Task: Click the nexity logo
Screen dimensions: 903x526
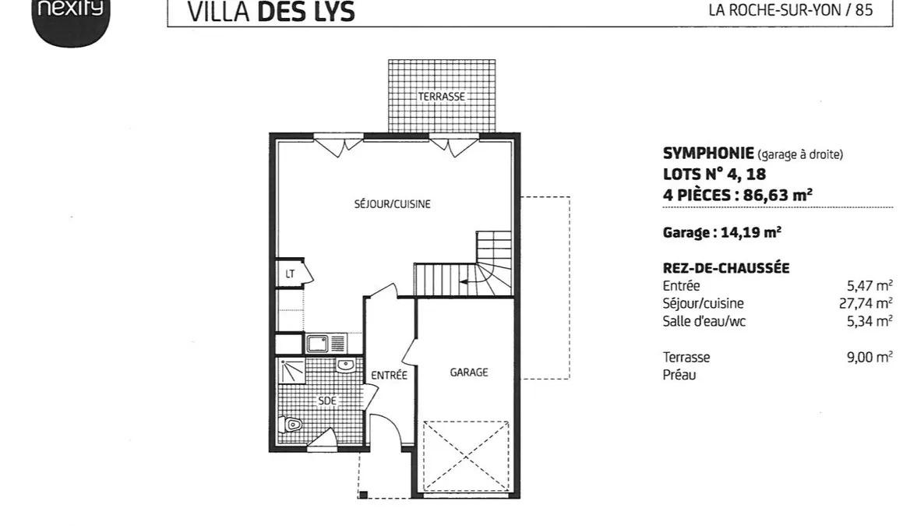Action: coord(70,20)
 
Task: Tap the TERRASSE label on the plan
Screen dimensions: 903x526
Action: coord(441,97)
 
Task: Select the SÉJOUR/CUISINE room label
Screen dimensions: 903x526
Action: coord(392,204)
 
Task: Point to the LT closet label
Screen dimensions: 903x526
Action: coord(290,274)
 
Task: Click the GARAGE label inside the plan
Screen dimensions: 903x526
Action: coord(469,372)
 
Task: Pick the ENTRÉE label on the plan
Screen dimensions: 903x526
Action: coord(389,375)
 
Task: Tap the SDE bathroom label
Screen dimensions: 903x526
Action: coord(326,401)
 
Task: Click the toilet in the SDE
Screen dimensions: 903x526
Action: coord(291,425)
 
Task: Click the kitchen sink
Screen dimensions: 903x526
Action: coord(326,344)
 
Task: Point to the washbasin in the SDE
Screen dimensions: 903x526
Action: coord(345,365)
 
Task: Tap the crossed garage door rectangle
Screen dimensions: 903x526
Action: coord(466,457)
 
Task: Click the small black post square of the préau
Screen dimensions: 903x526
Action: coord(363,494)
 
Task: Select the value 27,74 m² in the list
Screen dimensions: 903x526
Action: coord(865,303)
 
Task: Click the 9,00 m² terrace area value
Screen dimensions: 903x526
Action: coord(869,357)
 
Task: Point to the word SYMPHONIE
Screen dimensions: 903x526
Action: coord(708,154)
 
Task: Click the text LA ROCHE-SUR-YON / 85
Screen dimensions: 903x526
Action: coord(791,10)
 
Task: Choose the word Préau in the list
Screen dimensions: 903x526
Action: coord(679,375)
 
